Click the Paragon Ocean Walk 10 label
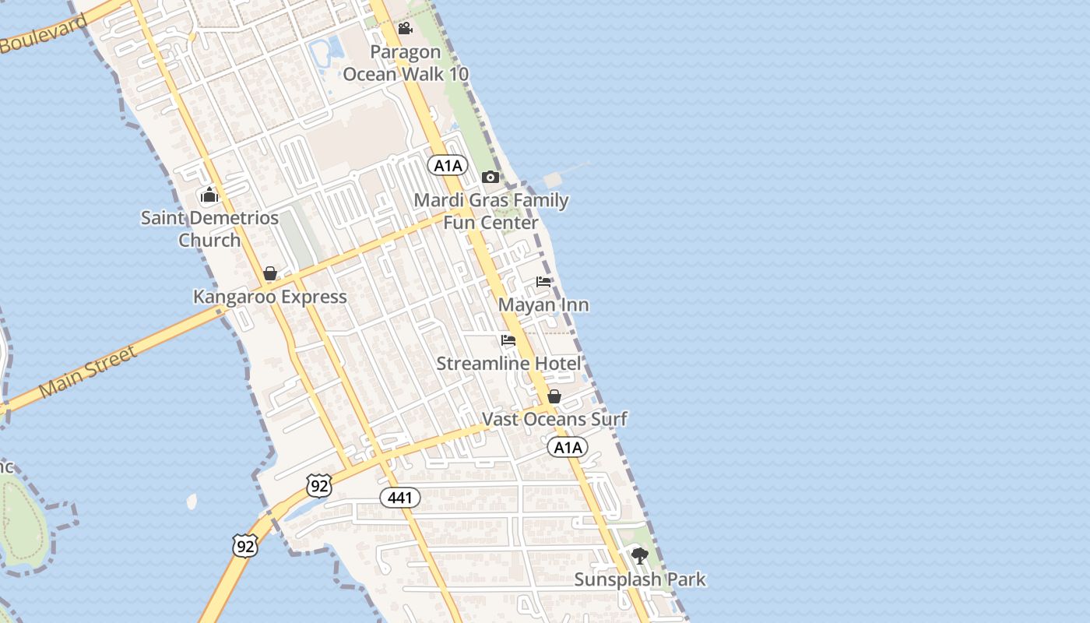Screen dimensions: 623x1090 [406, 63]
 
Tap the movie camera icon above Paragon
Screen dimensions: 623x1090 [405, 29]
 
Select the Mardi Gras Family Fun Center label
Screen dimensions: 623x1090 [490, 211]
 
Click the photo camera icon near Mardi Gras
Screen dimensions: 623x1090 [490, 177]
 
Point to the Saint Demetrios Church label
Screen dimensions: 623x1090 [209, 229]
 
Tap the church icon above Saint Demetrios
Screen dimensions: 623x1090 [209, 195]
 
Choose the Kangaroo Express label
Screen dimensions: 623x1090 [270, 297]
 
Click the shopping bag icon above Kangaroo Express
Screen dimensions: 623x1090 [270, 273]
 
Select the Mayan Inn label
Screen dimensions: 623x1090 [543, 304]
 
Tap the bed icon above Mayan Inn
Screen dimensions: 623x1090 [543, 282]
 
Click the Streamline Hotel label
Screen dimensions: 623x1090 [508, 364]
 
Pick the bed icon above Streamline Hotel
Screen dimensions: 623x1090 [508, 340]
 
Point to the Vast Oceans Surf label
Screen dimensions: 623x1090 [554, 419]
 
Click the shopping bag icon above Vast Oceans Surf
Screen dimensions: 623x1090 [554, 396]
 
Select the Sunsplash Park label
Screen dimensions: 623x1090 [640, 579]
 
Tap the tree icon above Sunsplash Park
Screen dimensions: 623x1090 [640, 556]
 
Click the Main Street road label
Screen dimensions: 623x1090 [87, 371]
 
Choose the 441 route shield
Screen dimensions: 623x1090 [400, 498]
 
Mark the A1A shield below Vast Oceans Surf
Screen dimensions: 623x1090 [567, 447]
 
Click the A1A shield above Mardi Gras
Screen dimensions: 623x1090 [448, 165]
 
